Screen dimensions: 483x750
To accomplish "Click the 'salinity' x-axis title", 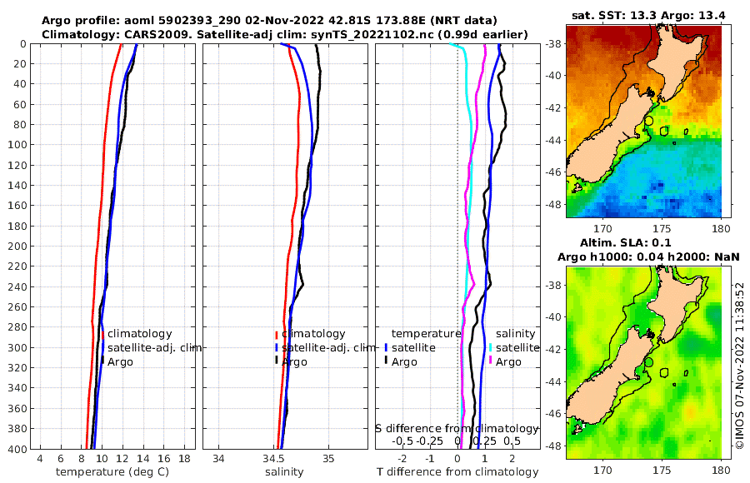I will click(284, 472).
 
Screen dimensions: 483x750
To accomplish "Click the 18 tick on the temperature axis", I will click(183, 459).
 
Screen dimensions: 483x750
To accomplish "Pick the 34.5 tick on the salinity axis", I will click(273, 459).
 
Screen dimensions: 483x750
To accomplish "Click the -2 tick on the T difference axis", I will click(402, 459).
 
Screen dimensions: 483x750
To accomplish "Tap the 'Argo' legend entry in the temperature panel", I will click(120, 362).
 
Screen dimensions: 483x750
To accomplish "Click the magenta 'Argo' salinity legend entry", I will click(508, 362).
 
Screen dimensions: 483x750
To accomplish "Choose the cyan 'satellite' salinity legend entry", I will click(517, 348).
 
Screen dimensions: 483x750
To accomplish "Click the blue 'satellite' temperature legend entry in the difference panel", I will click(413, 348).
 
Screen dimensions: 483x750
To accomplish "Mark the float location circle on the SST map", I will click(649, 122).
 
